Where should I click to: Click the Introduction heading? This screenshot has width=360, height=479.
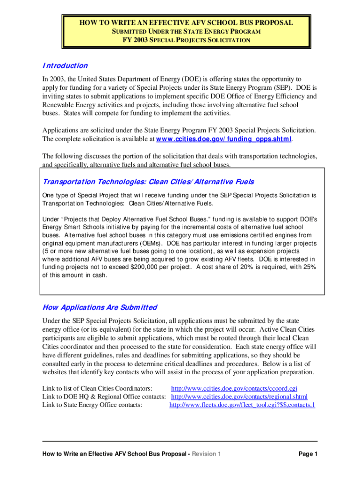click(x=65, y=66)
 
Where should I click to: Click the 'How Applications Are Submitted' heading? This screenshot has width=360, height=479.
click(x=100, y=307)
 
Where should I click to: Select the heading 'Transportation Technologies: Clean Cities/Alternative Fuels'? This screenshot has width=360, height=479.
click(x=148, y=181)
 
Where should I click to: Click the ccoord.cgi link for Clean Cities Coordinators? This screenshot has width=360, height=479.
click(x=234, y=388)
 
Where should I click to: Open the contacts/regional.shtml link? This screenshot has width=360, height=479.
click(x=239, y=397)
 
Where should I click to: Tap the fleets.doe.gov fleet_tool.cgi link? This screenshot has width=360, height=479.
click(x=242, y=405)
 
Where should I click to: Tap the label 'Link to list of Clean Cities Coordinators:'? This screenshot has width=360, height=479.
click(x=97, y=388)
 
